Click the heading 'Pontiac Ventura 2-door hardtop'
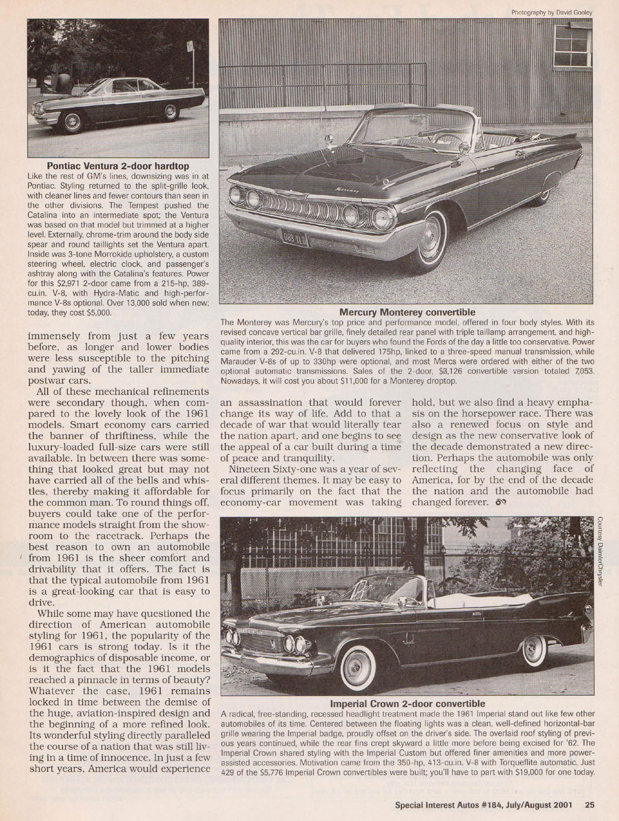pos(118,166)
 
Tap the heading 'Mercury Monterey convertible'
pos(407,312)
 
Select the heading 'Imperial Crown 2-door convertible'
pos(407,704)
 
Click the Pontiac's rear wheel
pos(171,112)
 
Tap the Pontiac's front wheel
pos(74,123)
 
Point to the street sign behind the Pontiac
pos(189,47)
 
